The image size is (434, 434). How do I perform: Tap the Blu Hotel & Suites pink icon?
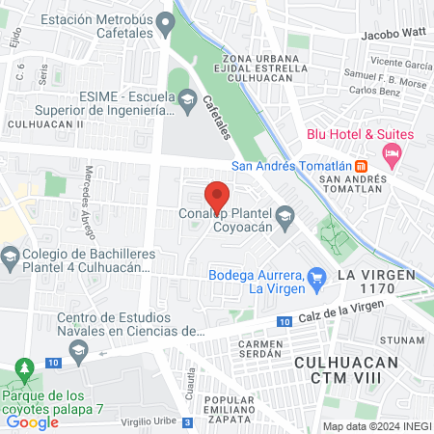coord(392,153)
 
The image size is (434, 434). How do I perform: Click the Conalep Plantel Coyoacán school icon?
coord(285,216)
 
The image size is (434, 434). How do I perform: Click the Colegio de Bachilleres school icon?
coord(10,257)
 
